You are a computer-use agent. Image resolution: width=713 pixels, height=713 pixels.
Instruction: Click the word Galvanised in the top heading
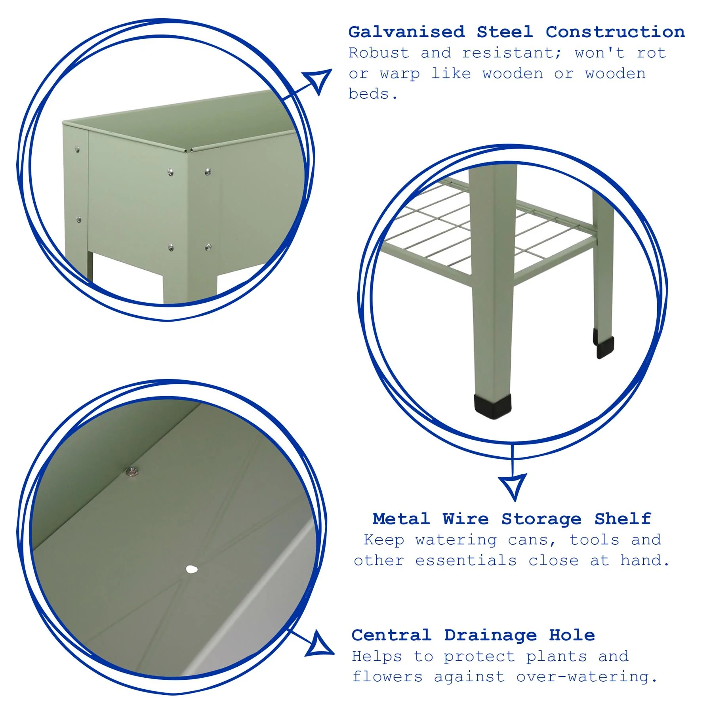pos(406,32)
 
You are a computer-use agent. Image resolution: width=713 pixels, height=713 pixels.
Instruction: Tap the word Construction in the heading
pos(615,32)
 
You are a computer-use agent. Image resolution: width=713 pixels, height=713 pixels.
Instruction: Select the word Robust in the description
pos(379,53)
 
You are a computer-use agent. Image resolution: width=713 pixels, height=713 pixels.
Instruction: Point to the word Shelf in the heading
pos(623,519)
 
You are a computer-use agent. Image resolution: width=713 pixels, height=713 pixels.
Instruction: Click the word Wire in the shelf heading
pos(465,519)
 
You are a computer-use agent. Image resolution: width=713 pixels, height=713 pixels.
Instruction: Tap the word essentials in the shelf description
pos(466,560)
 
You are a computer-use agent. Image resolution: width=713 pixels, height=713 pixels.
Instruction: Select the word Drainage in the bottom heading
pos(490,635)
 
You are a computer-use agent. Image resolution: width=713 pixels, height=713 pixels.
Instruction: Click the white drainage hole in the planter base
pos(192,570)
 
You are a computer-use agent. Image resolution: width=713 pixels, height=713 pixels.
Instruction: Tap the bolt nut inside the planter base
pos(132,471)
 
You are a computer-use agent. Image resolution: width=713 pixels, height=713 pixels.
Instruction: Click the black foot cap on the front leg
pos(492,406)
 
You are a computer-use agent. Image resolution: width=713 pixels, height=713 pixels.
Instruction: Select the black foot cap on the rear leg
pos(604,347)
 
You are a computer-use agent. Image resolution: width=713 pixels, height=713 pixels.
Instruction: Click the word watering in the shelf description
pos(456,540)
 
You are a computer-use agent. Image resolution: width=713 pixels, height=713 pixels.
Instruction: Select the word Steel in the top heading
pos(505,32)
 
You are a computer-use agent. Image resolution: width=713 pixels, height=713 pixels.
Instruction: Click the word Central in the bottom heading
pos(391,635)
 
